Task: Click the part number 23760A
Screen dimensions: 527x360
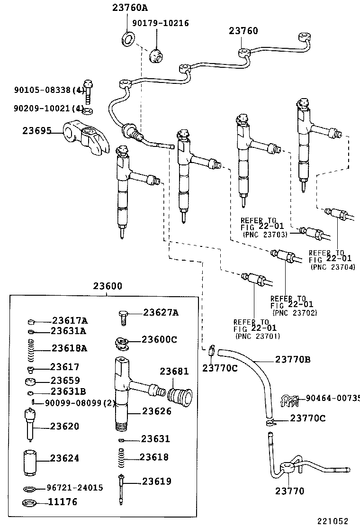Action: tap(130, 8)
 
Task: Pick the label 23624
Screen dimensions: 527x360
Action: tap(65, 458)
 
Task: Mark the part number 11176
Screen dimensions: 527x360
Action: tap(63, 502)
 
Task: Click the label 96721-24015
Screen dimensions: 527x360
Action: tap(74, 488)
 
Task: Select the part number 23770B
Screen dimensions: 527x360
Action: tap(293, 359)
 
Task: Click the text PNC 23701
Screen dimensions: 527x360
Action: tap(258, 336)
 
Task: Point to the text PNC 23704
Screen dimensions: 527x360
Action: tap(333, 267)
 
